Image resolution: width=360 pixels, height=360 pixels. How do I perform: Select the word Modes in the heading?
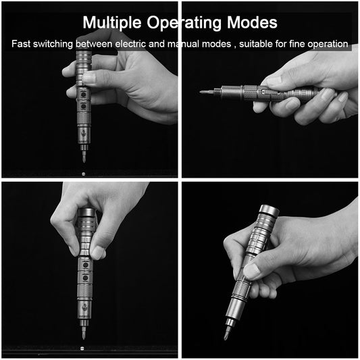[251, 22]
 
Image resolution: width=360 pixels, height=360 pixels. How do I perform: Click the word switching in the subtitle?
[56, 44]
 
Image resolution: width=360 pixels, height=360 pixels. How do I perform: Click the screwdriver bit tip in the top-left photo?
[82, 159]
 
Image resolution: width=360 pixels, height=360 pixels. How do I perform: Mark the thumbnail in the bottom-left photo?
[99, 253]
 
